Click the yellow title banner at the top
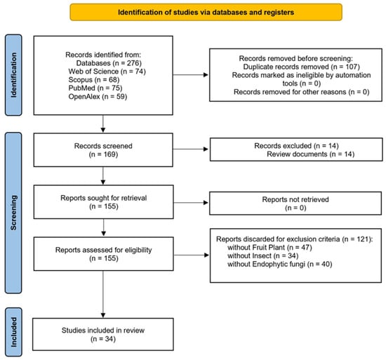[206, 12]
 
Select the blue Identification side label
[13, 75]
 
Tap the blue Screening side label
[13, 213]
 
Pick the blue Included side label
[13, 332]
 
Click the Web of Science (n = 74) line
[107, 72]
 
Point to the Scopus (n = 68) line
[94, 80]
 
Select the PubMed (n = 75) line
[95, 88]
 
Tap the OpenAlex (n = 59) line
[98, 96]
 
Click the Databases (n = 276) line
[109, 63]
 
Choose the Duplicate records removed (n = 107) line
[301, 67]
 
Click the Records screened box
[103, 150]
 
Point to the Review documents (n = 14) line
[311, 154]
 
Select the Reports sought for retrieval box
[103, 202]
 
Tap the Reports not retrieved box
[295, 204]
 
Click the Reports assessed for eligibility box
[103, 254]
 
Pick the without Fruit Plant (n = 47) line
[269, 247]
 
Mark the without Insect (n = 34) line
[263, 256]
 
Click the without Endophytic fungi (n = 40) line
[279, 265]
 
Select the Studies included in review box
[103, 334]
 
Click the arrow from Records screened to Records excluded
[190, 149]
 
